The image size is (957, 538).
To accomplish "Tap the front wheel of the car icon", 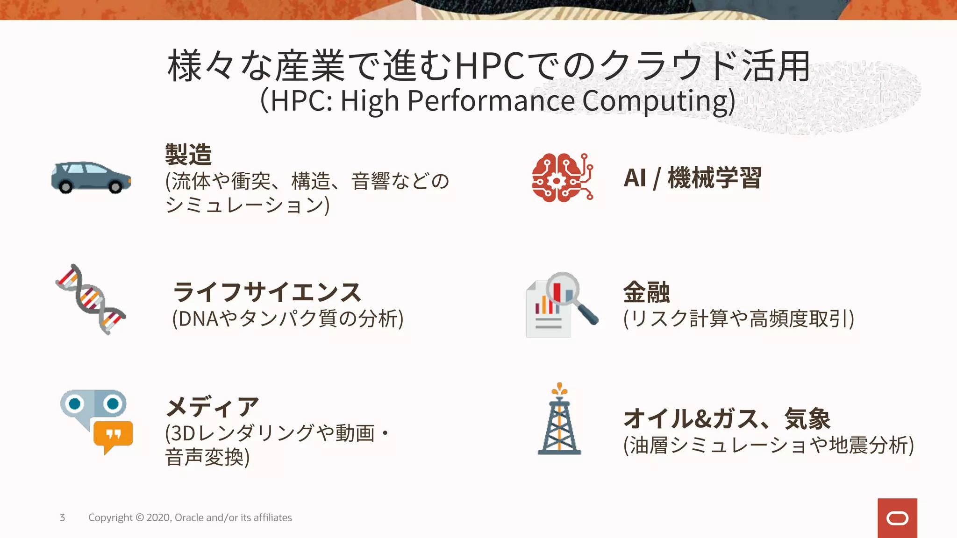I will click(x=115, y=187).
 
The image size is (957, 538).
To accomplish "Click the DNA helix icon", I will click(x=91, y=299).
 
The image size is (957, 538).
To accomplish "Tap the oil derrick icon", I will click(x=559, y=420).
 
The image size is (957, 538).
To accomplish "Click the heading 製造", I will click(x=188, y=155).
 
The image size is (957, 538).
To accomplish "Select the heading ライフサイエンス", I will click(x=267, y=292).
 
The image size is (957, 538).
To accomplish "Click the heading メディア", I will click(x=213, y=407).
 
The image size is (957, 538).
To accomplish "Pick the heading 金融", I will click(x=646, y=292).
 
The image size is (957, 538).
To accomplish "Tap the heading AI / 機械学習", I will click(x=692, y=178).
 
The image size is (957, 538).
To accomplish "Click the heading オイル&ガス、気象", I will click(x=727, y=418).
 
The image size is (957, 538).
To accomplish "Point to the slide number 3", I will click(x=62, y=517).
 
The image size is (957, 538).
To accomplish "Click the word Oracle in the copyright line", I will click(x=189, y=517).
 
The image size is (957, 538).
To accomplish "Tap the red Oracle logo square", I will click(x=897, y=518).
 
